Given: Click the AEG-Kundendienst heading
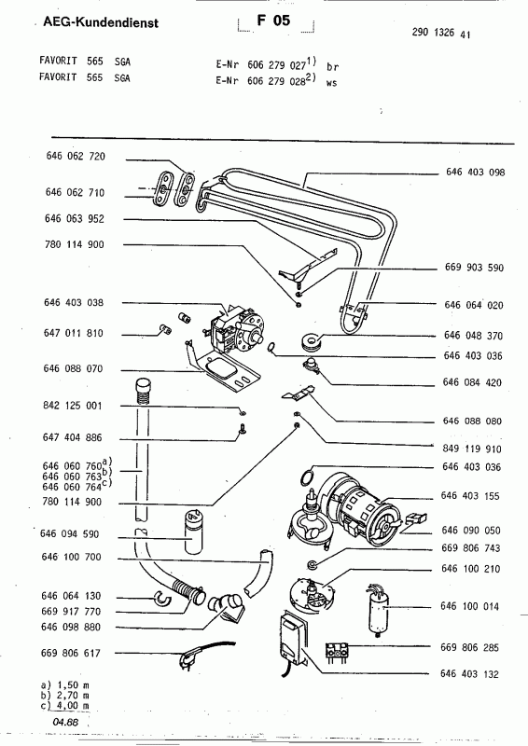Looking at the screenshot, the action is point(101,21).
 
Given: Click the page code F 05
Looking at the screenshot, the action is point(273,20).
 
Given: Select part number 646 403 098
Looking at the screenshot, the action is point(475,173).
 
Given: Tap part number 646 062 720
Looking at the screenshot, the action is point(76,156).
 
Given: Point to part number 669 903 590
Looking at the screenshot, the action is point(474,268).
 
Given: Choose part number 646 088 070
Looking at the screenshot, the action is point(73,368).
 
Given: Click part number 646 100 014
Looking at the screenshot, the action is point(469,606).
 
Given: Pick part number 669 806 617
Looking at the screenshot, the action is point(71,654).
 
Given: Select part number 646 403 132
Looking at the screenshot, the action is point(469,673).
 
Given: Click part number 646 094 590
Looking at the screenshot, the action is point(70,533).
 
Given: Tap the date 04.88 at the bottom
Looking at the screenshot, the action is point(65,723).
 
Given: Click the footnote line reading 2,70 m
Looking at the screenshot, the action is point(64,695).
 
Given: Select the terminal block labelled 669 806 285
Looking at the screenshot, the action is point(337,650).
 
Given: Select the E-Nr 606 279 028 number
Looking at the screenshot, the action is point(276,81).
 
